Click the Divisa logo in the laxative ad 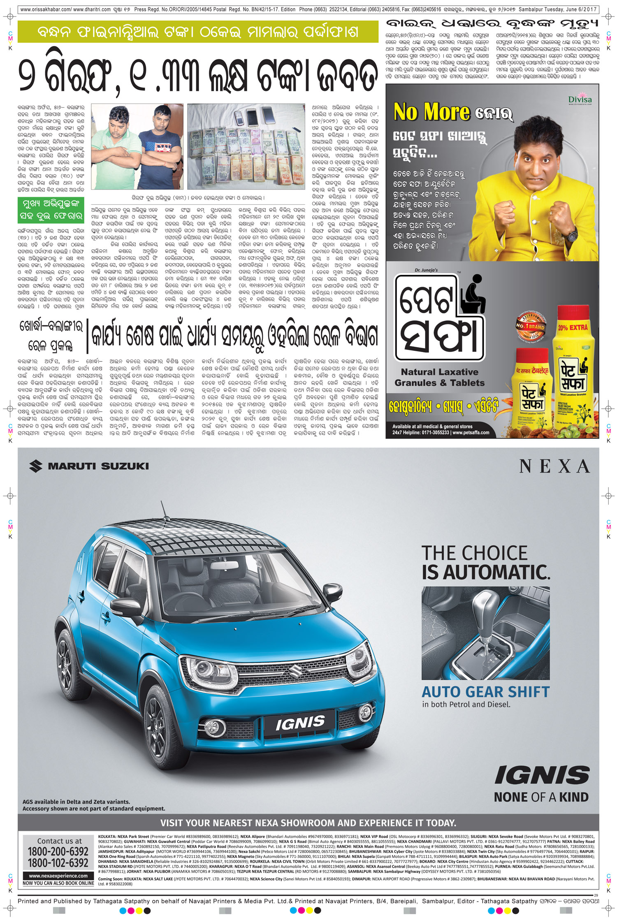(580, 100)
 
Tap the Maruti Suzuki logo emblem (36, 466)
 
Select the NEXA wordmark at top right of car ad (554, 466)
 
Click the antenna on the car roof (165, 512)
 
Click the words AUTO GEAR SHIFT (485, 692)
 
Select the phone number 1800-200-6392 (58, 851)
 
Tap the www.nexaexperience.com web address (58, 876)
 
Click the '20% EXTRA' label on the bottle (573, 328)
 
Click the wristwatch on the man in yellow (571, 235)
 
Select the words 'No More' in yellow (431, 112)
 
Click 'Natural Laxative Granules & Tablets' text (439, 377)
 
